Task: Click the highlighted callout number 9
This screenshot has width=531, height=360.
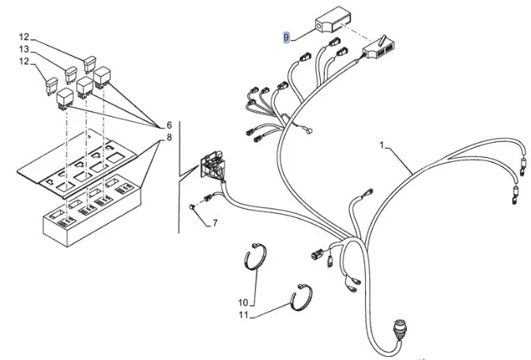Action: coord(288,36)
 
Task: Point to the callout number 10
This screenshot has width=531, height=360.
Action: coord(243,302)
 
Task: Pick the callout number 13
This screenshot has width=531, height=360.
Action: coord(24,49)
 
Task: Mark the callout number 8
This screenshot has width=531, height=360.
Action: coord(168,138)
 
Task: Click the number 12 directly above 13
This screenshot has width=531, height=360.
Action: coord(24,37)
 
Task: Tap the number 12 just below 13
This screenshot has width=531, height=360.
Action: coord(24,61)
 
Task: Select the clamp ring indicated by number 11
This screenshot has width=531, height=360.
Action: coord(303,298)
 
